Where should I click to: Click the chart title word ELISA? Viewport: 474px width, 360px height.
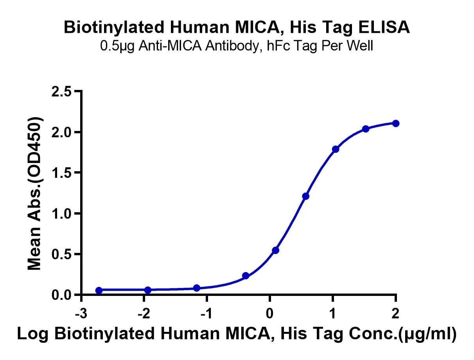384,27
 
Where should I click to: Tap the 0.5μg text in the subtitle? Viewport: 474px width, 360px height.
117,46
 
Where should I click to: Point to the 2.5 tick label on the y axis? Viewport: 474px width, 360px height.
61,92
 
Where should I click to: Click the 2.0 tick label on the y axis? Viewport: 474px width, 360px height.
61,132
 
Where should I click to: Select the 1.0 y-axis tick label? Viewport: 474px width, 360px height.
61,213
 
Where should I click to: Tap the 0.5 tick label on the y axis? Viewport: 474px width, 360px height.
61,254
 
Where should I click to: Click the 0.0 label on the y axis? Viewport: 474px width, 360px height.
61,295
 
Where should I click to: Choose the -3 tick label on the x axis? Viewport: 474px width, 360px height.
81,313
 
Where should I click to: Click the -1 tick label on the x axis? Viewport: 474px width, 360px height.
206,313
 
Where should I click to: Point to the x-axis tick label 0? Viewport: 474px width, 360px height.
270,313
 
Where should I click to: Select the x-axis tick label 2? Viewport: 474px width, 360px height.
395,313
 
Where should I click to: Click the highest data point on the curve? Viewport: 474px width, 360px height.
396,124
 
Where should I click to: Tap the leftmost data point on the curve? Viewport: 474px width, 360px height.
99,290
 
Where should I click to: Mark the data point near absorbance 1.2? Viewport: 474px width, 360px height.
305,196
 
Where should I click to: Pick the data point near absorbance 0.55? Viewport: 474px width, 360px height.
276,251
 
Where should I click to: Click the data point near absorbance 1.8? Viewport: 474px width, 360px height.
336,149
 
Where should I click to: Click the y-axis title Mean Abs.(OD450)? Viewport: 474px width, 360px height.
34,193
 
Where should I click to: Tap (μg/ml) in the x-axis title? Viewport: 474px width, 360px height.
427,334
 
